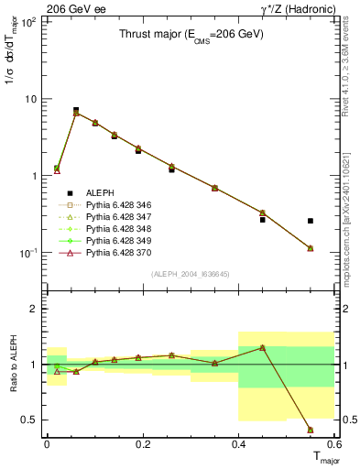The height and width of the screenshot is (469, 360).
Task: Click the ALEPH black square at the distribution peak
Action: (76, 110)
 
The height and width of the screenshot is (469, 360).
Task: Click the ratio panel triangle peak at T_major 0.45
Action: (263, 348)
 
